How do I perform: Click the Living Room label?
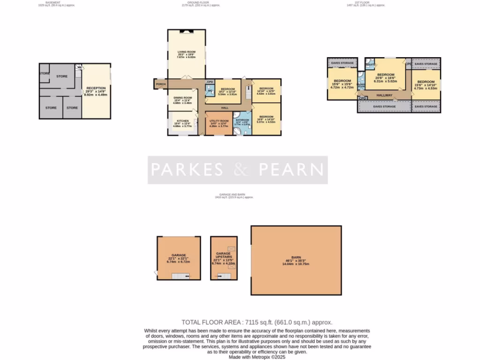point(186,52)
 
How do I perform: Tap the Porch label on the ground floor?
point(161,84)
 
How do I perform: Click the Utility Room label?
point(218,121)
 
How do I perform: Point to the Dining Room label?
point(183,97)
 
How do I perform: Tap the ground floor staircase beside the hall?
point(248,93)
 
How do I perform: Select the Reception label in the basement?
point(96,88)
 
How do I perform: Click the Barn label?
point(296,257)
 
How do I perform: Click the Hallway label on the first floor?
point(384,95)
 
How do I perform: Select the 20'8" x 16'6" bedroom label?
point(386,75)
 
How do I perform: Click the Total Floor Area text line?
point(257,322)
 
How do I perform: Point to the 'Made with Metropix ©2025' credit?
point(257,357)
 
